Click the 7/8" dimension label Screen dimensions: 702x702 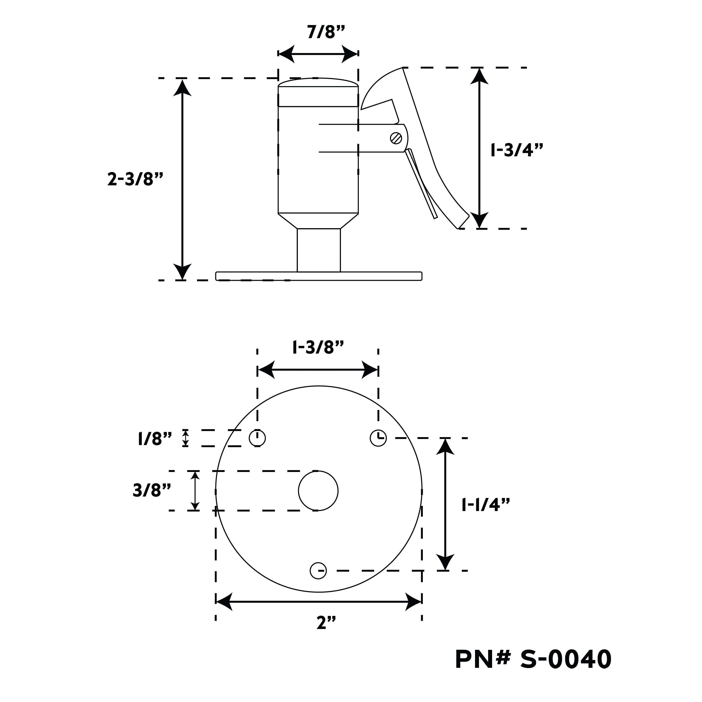(325, 32)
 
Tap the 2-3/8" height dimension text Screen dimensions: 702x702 (135, 179)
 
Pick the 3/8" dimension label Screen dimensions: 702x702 (152, 490)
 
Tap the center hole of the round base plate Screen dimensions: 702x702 (318, 490)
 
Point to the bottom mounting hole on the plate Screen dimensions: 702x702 (318, 570)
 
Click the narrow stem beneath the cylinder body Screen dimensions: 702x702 (319, 250)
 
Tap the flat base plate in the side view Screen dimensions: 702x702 (319, 276)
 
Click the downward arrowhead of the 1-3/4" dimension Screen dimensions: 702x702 (480, 220)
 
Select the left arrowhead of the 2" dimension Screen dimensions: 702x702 (224, 602)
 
